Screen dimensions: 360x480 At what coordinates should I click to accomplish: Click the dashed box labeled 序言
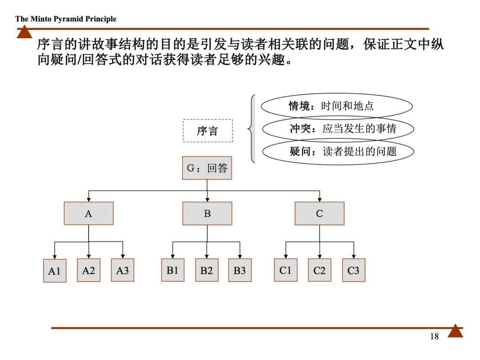click(x=208, y=131)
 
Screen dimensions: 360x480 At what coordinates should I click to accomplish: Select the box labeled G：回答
click(x=207, y=168)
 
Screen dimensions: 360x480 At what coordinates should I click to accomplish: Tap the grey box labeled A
click(x=88, y=213)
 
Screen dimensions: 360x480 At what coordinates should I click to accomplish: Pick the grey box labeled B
click(x=207, y=213)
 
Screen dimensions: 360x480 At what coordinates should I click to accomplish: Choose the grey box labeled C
click(x=319, y=213)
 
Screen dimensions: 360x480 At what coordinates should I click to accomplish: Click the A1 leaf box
click(x=54, y=271)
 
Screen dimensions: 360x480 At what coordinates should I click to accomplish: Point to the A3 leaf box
click(x=122, y=270)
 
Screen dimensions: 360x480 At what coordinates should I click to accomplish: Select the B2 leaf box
click(x=207, y=270)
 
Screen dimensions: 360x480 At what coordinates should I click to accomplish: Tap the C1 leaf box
click(x=285, y=270)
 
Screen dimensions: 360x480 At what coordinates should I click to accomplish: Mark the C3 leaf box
click(x=353, y=270)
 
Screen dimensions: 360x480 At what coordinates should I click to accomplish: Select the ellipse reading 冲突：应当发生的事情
click(x=338, y=129)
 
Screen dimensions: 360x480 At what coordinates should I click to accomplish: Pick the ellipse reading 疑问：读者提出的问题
click(x=338, y=152)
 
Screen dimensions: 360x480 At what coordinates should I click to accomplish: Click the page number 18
click(x=434, y=336)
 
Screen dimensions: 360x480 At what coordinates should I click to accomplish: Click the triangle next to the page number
click(x=455, y=332)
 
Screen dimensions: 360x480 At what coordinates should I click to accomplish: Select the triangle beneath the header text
click(x=24, y=32)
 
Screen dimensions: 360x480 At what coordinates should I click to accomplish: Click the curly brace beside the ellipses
click(x=252, y=129)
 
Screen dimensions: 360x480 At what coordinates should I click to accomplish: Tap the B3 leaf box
click(x=240, y=270)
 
